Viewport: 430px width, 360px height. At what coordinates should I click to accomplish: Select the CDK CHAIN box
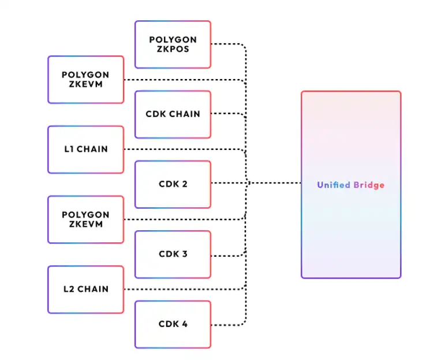(x=173, y=114)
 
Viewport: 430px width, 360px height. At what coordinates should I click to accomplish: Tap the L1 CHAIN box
(x=85, y=149)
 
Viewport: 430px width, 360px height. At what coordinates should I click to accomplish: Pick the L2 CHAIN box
(x=85, y=289)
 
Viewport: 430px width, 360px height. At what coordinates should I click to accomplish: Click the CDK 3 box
(x=173, y=254)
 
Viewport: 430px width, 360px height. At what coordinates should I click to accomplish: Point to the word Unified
(x=333, y=185)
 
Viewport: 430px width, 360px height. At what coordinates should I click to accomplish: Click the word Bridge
(x=368, y=185)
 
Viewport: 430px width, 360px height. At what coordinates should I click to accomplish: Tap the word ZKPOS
(x=173, y=49)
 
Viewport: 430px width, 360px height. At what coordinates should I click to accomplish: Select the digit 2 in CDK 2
(x=184, y=185)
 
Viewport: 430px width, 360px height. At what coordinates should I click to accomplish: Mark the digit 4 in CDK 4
(x=184, y=324)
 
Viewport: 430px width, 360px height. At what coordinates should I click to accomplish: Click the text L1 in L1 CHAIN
(x=68, y=149)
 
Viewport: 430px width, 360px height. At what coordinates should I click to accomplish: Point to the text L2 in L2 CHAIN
(x=68, y=289)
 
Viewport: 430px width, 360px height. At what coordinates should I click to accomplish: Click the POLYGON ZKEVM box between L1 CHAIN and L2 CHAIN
(x=85, y=219)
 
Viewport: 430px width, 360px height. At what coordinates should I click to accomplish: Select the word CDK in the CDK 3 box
(x=167, y=254)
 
